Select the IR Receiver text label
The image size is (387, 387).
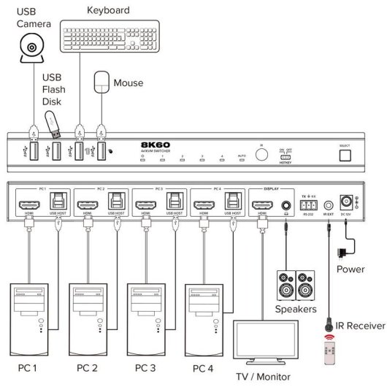[359, 324]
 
